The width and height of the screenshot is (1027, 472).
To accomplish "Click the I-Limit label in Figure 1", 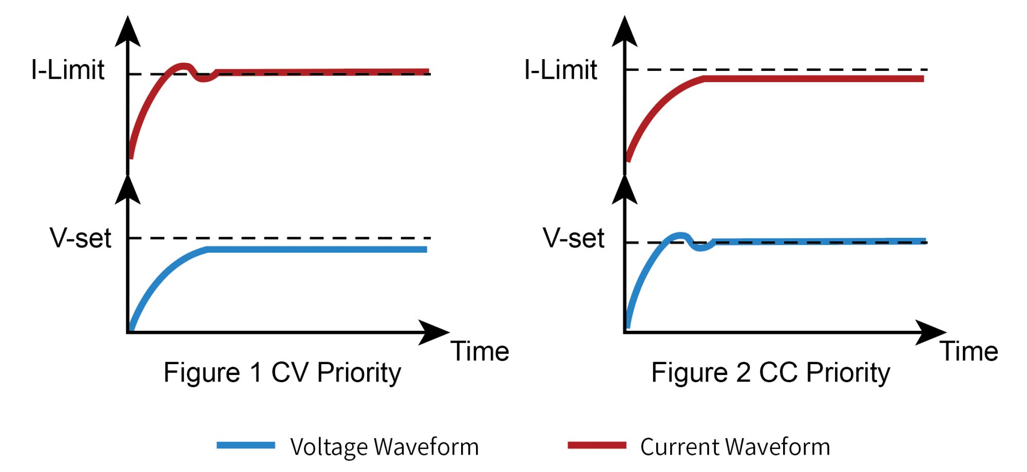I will pos(68,70).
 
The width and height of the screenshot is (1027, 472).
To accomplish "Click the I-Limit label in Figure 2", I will pos(561,70).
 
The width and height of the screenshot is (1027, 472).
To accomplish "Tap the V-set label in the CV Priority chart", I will pos(81,238).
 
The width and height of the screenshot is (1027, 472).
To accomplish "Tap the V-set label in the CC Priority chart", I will pos(574,238).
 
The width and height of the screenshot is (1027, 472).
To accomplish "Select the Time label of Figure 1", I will pos(480,352).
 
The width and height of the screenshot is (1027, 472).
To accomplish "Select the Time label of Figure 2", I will pos(969,352).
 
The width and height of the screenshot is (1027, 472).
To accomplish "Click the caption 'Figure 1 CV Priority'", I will pos(282,372).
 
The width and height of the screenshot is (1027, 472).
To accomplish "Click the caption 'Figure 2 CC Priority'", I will pos(771,372).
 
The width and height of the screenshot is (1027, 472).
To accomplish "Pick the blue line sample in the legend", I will pos(245,445).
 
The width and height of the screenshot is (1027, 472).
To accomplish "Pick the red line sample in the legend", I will pos(597,445).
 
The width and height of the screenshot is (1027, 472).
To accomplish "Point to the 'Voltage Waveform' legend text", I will pos(384,447).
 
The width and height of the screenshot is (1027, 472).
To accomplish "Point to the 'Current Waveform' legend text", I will pos(735,447).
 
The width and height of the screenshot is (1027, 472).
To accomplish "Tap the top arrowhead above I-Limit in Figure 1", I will pos(128,32).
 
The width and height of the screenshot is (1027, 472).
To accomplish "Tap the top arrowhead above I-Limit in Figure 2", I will pos(624,32).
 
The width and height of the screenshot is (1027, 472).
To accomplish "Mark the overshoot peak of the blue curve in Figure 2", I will pos(680,235).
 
